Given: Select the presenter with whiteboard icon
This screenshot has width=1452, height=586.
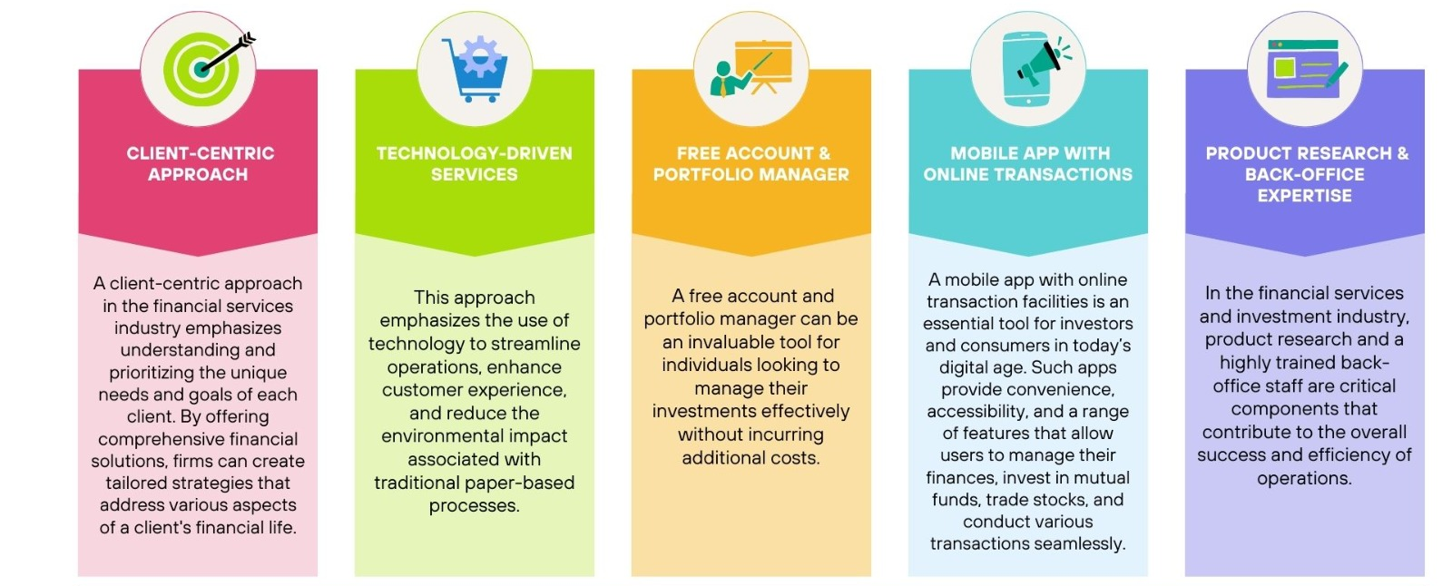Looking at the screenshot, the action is click(751, 68).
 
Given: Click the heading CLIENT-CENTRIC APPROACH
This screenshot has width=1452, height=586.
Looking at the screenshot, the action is click(200, 164).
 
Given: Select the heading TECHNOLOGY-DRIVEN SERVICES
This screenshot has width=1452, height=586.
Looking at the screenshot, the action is click(475, 164).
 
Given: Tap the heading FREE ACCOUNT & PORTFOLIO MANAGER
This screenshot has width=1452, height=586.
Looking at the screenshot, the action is click(751, 164).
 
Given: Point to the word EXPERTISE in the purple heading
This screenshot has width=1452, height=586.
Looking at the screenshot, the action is click(1305, 196).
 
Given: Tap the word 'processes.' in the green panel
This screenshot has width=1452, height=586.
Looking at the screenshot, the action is click(475, 506).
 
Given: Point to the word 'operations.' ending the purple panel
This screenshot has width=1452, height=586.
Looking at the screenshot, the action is click(1304, 479).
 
